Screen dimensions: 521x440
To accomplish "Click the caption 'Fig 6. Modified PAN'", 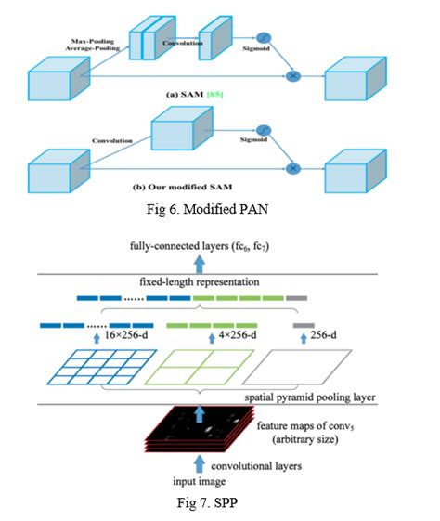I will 219,210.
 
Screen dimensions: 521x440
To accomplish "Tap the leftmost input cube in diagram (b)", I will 58,169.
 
